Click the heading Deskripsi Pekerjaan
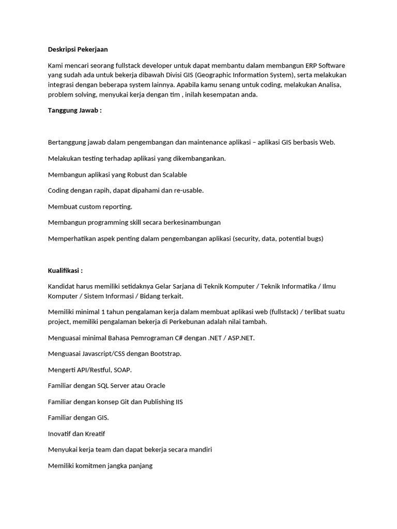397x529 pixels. click(x=78, y=49)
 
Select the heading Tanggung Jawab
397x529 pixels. click(x=74, y=110)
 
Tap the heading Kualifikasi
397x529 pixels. click(x=65, y=270)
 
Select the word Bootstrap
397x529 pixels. click(x=165, y=354)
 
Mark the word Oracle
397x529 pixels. click(x=156, y=385)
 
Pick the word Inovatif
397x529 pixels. click(x=62, y=433)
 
